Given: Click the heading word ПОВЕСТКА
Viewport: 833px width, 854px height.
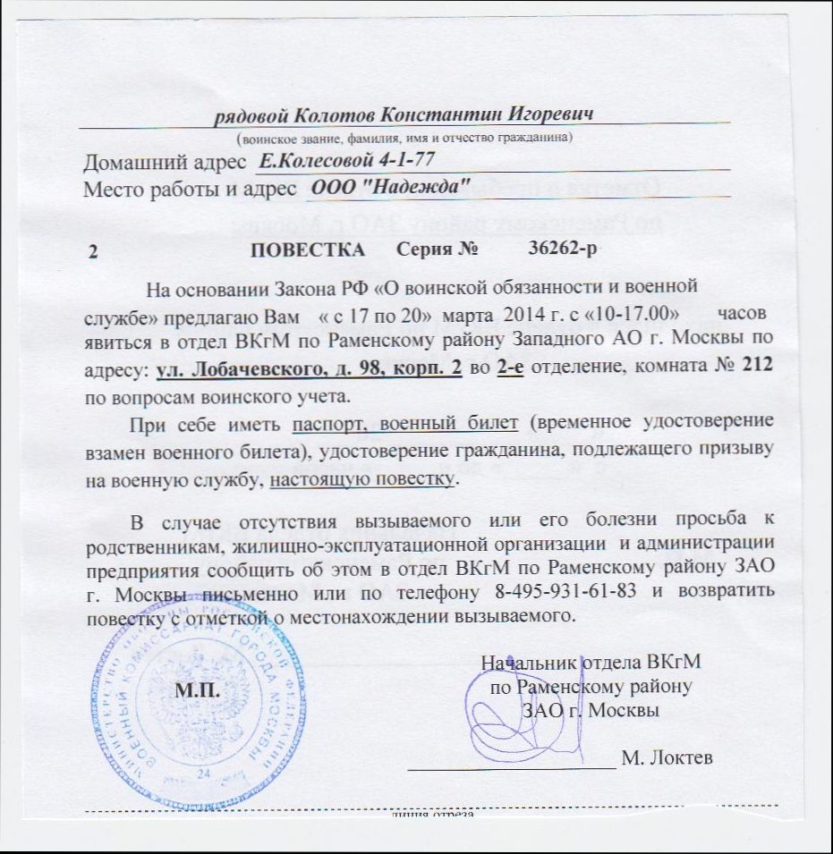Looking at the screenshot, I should click(308, 249).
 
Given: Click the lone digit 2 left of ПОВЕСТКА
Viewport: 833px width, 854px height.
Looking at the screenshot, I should click(91, 252).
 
